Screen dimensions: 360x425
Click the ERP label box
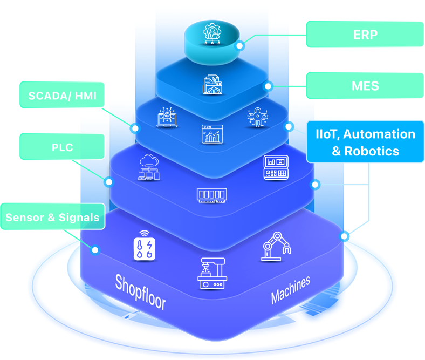(x=365, y=35)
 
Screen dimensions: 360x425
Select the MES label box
(x=365, y=85)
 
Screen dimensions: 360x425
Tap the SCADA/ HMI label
(x=63, y=96)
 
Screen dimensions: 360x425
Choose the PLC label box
(x=63, y=147)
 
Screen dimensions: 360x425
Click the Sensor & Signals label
(x=52, y=217)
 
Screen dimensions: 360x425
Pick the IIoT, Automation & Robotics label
(x=365, y=142)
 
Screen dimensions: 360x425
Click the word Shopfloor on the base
(x=140, y=291)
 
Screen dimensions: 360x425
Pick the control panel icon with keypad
(x=276, y=167)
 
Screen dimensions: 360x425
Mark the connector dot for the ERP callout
(x=239, y=46)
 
